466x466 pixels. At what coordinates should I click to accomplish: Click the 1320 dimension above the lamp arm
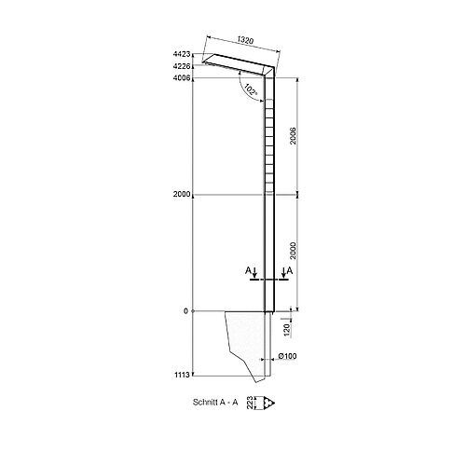[x=245, y=41]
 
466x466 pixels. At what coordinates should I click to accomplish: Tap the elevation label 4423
[x=184, y=55]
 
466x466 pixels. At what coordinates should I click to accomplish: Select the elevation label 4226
[x=184, y=67]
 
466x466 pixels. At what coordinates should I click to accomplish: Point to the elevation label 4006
[x=184, y=79]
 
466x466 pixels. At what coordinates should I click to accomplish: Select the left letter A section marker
[x=248, y=269]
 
